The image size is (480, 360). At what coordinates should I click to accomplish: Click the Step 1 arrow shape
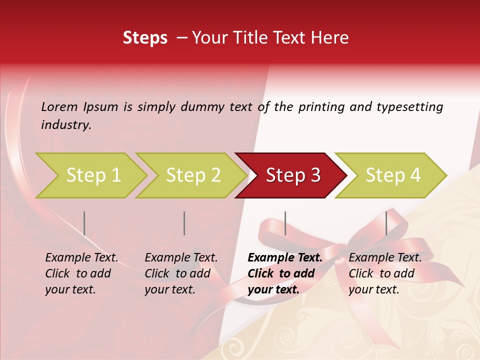click(90, 175)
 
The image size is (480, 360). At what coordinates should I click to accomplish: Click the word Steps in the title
click(145, 38)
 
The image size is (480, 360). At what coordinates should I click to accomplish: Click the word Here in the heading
click(329, 38)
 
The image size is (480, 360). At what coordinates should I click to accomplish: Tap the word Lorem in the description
click(59, 106)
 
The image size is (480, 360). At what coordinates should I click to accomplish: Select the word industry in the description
click(65, 124)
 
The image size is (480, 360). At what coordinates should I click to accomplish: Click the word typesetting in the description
click(409, 106)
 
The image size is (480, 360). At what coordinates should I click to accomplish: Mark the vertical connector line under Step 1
click(84, 223)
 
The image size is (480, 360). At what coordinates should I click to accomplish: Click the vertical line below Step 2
click(184, 223)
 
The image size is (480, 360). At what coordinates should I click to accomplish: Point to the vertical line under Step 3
click(285, 223)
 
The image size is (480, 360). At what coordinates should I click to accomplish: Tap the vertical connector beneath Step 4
click(386, 223)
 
